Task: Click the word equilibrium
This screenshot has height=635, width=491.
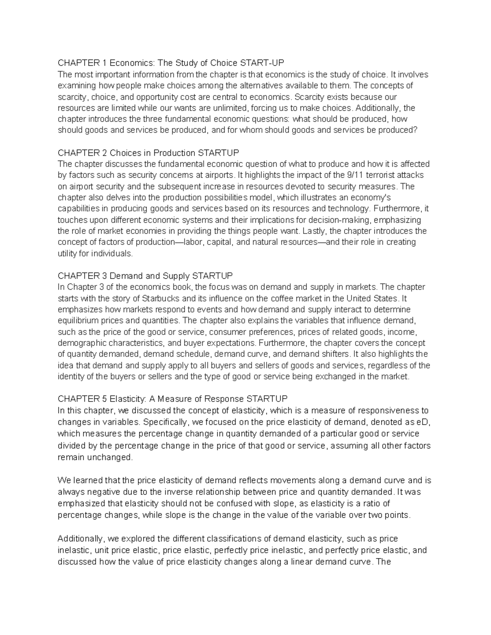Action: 77,320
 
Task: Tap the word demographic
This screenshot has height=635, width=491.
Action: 81,343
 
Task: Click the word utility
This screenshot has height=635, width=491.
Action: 66,254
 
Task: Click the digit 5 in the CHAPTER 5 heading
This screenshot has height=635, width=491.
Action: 104,399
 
